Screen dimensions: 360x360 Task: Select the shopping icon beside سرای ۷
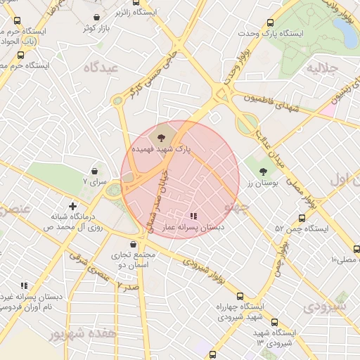pyautogui.click(x=94, y=170)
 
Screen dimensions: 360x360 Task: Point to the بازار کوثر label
pyautogui.click(x=96, y=27)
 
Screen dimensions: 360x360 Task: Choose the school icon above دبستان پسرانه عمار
pyautogui.click(x=193, y=216)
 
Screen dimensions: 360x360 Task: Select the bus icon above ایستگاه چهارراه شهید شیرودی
pyautogui.click(x=240, y=296)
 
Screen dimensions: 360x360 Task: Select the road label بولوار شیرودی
pyautogui.click(x=203, y=268)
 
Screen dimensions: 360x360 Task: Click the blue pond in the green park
pyautogui.click(x=345, y=32)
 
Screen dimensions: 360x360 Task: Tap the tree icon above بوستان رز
pyautogui.click(x=264, y=170)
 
